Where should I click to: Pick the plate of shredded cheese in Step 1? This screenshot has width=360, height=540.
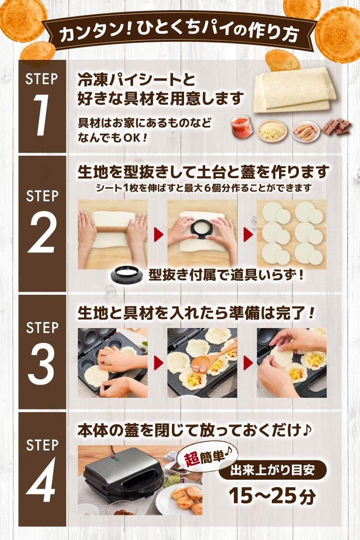[272, 130]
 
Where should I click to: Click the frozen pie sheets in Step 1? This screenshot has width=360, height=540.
[295, 91]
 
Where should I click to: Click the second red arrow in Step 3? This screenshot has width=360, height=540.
[248, 363]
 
